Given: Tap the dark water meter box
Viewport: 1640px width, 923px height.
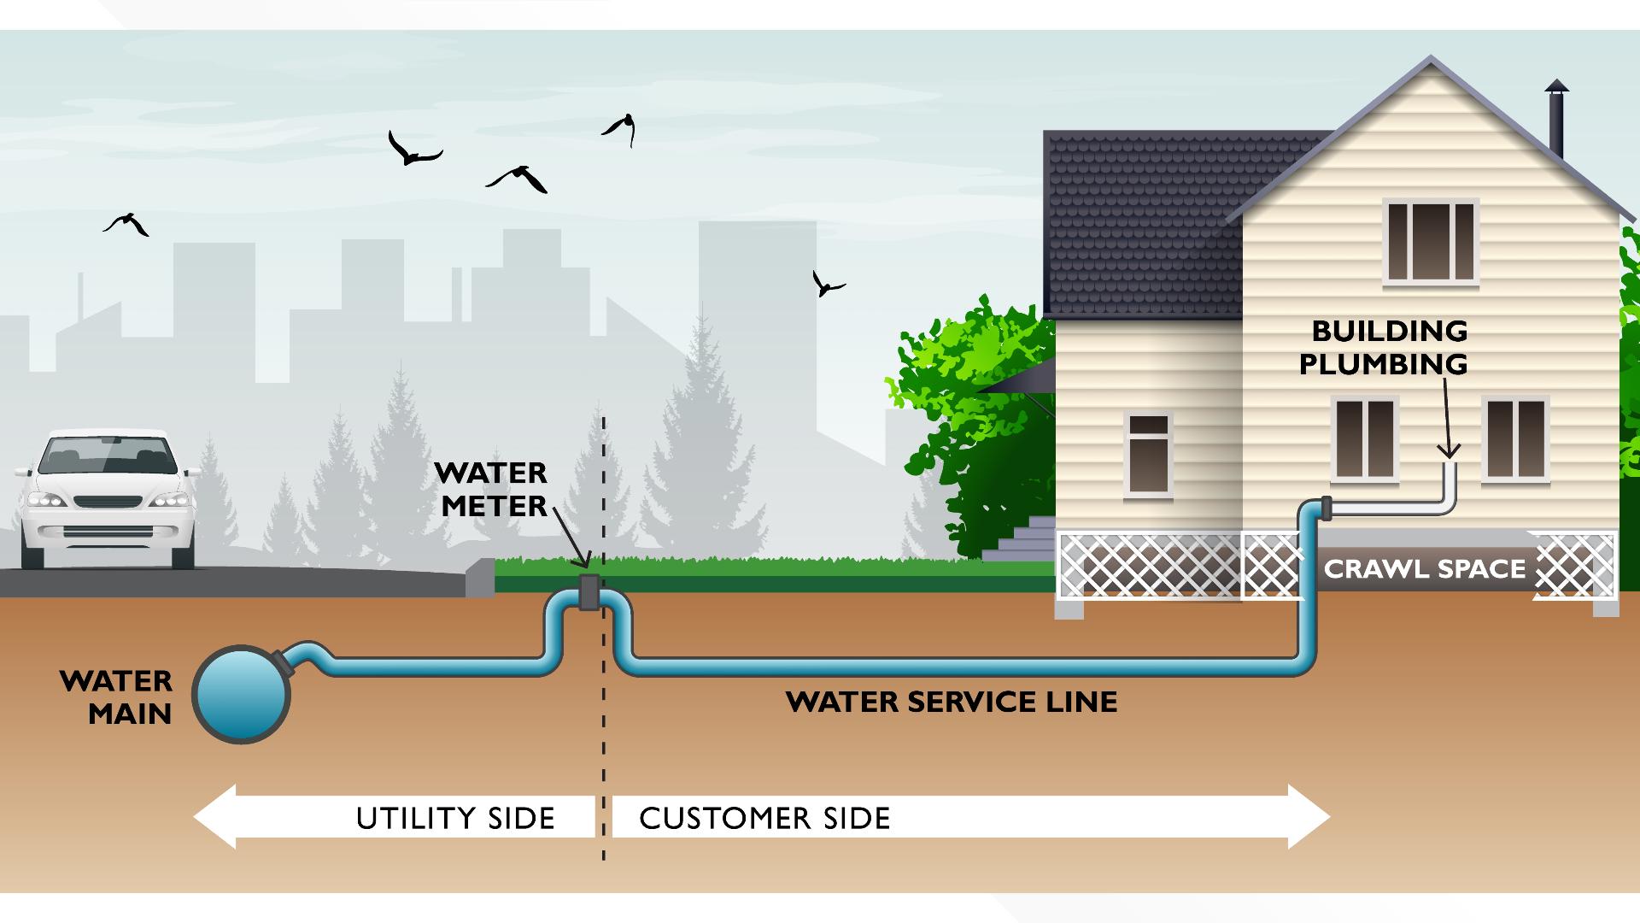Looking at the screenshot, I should (x=589, y=591).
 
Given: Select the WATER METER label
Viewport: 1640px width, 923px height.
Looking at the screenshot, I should (x=491, y=490).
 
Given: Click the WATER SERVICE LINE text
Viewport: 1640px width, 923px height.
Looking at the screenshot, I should (x=952, y=703).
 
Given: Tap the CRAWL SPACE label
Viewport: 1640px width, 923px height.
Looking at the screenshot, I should (x=1424, y=569).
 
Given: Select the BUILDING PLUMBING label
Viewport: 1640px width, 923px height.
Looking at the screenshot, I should (x=1383, y=347).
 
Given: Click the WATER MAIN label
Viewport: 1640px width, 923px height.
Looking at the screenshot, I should (x=116, y=697).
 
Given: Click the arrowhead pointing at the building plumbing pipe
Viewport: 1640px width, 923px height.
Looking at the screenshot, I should (x=1449, y=450).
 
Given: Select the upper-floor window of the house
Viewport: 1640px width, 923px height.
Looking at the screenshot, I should (x=1431, y=242).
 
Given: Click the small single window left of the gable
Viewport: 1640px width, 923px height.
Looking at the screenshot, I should (x=1148, y=456).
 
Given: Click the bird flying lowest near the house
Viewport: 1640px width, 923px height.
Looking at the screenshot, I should (x=826, y=284).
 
